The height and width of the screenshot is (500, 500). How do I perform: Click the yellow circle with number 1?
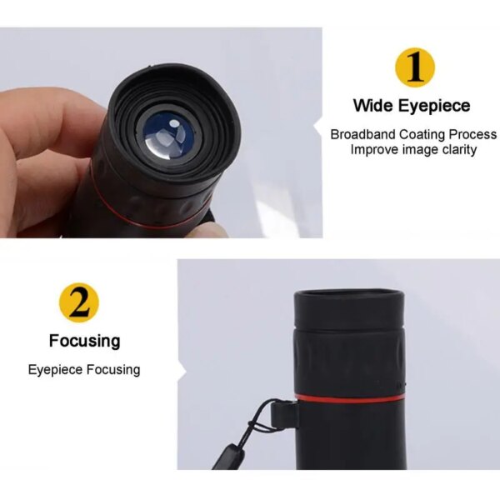pyautogui.click(x=415, y=67)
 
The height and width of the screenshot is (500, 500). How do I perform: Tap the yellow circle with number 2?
pyautogui.click(x=79, y=302)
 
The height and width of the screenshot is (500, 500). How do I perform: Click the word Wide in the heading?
pyautogui.click(x=373, y=105)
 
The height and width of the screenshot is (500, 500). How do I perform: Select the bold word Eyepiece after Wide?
pyautogui.click(x=434, y=106)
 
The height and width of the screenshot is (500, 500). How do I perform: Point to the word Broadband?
pyautogui.click(x=362, y=134)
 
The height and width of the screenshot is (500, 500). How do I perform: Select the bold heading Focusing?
pyautogui.click(x=85, y=341)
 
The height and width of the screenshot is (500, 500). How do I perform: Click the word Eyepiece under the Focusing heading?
pyautogui.click(x=56, y=370)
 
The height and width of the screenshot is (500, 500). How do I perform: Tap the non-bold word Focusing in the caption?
pyautogui.click(x=113, y=370)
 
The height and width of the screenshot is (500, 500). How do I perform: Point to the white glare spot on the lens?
pyautogui.click(x=174, y=123)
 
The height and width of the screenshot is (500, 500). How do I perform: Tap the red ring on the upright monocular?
pyautogui.click(x=349, y=398)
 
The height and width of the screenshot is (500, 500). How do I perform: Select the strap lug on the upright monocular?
pyautogui.click(x=284, y=415)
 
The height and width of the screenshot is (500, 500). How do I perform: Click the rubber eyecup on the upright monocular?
pyautogui.click(x=349, y=310)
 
